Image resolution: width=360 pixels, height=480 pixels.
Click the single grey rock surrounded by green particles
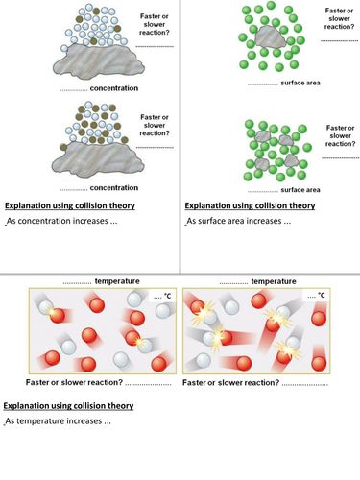[x=270, y=37]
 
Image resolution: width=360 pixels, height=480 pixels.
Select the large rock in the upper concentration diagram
[x=99, y=61]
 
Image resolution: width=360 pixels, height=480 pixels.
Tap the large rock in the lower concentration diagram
[x=98, y=160]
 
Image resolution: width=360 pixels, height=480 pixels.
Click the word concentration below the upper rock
[x=114, y=88]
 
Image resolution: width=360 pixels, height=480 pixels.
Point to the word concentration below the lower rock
[x=114, y=188]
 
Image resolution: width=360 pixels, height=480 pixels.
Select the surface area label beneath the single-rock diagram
[x=300, y=83]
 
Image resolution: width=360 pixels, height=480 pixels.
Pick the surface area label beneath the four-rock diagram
[x=300, y=190]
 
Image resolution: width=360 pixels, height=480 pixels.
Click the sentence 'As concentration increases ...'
[x=61, y=221]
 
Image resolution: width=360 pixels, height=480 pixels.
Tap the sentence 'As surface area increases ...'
[x=239, y=221]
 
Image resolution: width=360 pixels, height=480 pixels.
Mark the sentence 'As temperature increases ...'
[x=58, y=420]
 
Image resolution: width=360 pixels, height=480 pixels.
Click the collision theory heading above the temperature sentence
[x=68, y=406]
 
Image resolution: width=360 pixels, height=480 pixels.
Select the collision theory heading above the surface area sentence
[x=250, y=205]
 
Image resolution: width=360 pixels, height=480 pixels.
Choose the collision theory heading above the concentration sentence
[x=70, y=205]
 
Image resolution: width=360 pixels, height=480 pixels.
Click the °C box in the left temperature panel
[x=162, y=296]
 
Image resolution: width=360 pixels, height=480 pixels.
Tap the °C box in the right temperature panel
[x=316, y=296]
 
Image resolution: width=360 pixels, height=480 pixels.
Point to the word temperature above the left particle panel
[x=117, y=281]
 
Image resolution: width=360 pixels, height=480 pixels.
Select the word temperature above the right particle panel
[x=274, y=281]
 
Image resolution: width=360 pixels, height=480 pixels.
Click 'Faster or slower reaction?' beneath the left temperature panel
[x=74, y=382]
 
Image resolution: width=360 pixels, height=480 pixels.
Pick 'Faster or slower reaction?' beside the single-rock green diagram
[x=339, y=18]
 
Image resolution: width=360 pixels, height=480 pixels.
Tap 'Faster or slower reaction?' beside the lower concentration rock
[x=155, y=125]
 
